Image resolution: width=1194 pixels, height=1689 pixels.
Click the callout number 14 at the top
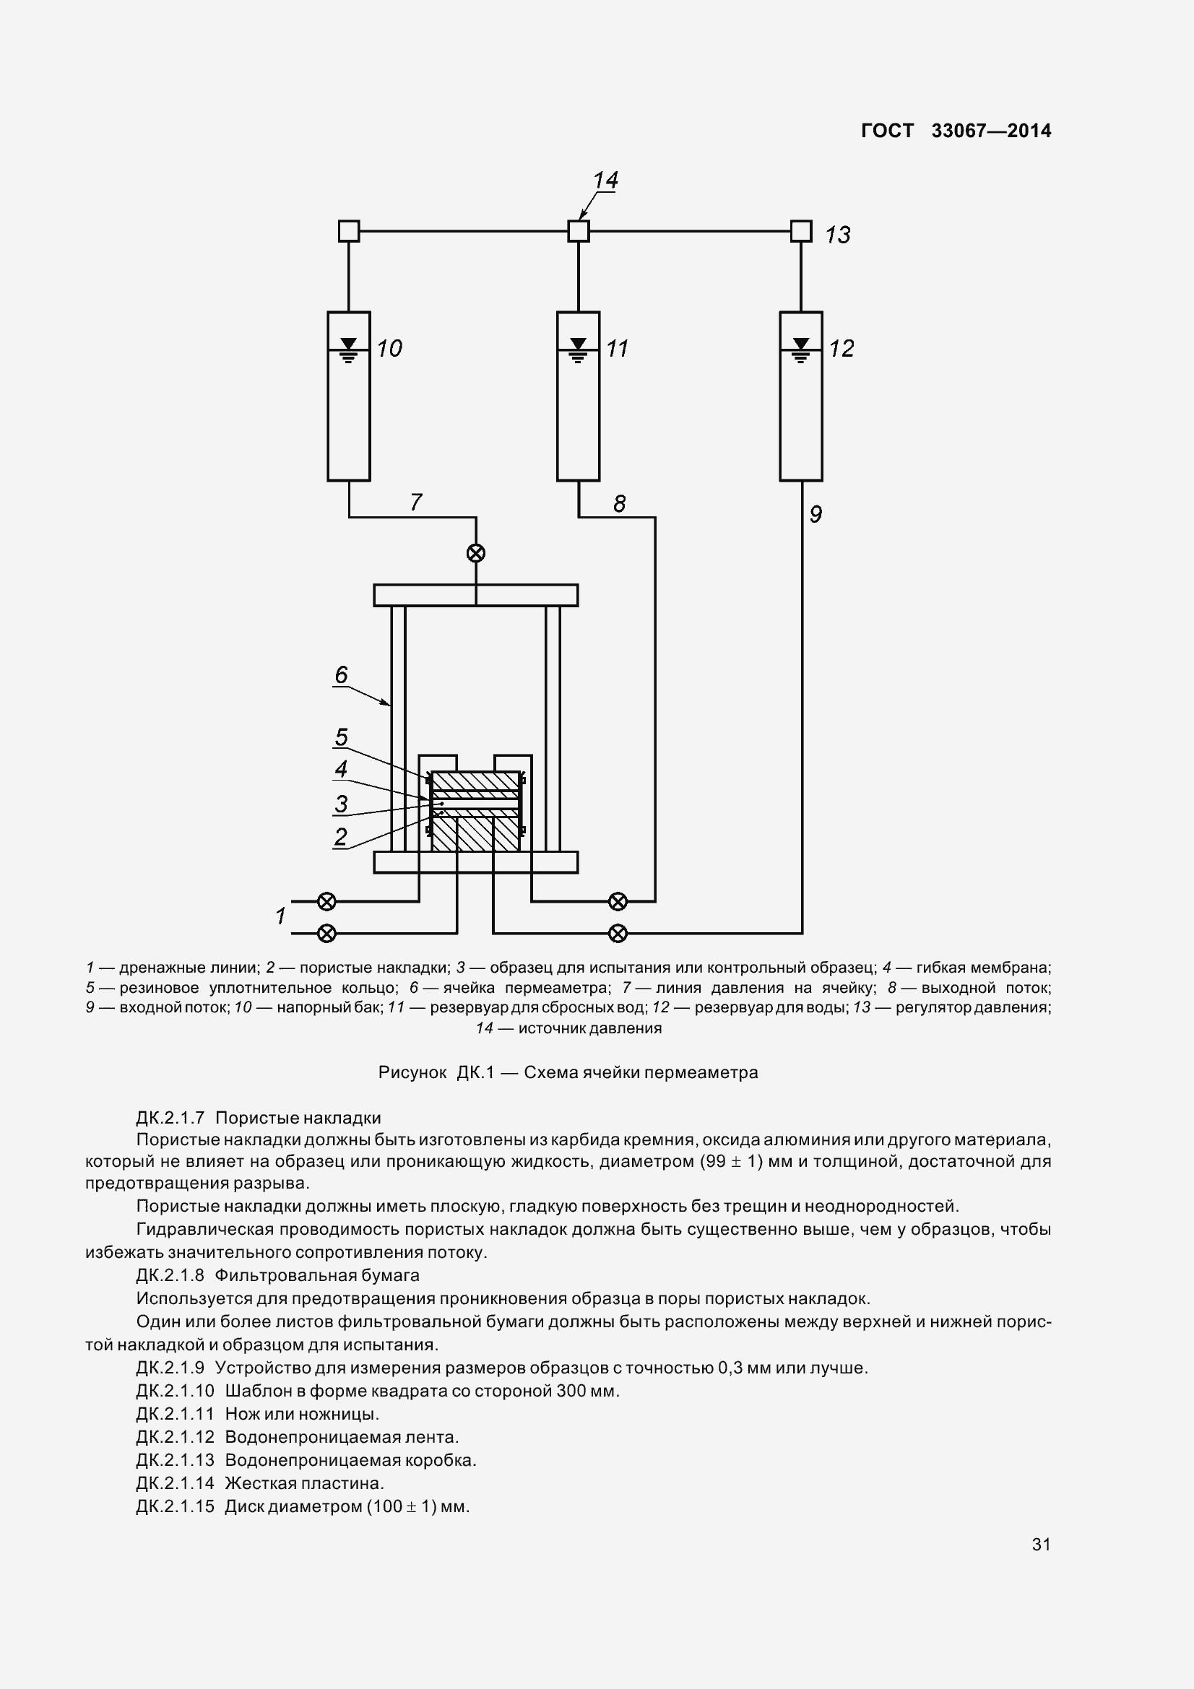[605, 181]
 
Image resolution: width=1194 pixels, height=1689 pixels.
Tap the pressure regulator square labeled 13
[800, 231]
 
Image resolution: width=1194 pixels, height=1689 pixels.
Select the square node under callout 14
[579, 231]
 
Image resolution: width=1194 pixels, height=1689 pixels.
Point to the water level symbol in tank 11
[579, 349]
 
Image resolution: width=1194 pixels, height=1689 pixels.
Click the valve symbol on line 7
[476, 553]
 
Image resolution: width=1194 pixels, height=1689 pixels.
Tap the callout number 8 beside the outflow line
[620, 504]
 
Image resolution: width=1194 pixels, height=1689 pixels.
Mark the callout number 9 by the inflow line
[815, 514]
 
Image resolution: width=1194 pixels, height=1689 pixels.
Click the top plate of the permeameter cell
[475, 595]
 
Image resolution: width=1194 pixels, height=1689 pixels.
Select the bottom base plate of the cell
[475, 862]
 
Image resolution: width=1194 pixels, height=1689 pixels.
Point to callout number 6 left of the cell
[341, 674]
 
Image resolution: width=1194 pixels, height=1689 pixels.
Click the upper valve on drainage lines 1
[326, 901]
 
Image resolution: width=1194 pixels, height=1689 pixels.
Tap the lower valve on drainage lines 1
[326, 934]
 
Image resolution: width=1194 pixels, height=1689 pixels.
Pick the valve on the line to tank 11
[618, 901]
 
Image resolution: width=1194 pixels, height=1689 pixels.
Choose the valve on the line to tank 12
[618, 934]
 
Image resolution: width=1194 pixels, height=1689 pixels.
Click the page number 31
[1041, 1544]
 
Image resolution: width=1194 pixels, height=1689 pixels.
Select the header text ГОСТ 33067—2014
[956, 131]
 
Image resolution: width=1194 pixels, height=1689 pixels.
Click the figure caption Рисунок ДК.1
[567, 1072]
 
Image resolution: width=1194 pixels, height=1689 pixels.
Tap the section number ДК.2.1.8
[170, 1275]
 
